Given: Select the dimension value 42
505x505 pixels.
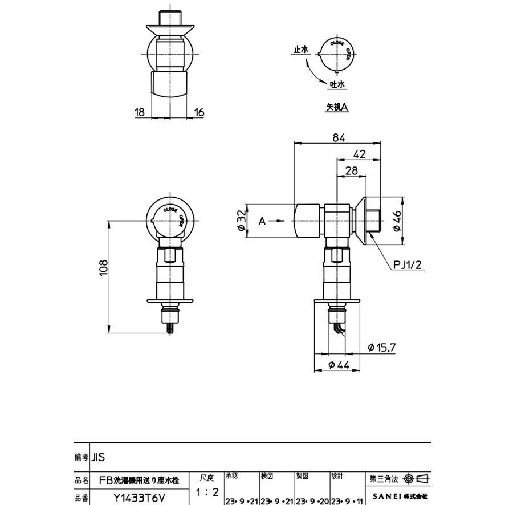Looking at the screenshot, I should point(359,153).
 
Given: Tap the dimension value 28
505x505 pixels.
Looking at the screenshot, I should point(351,170).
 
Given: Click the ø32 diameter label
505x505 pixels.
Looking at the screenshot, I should point(241,220).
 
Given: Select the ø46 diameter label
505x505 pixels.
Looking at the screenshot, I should point(397,220).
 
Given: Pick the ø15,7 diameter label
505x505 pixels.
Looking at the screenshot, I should point(382,347).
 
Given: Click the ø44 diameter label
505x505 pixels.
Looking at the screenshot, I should point(339,366).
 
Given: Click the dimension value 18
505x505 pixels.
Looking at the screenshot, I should point(140,112).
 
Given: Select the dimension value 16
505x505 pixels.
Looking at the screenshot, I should point(199,112).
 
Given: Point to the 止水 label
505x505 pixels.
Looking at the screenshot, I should point(300,50).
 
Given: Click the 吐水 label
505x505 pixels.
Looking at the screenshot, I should point(338,84).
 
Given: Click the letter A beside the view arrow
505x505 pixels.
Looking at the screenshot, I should point(262,221).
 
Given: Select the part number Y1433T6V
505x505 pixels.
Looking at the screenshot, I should point(139,498).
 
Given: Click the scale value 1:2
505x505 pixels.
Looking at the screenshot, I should point(207,491).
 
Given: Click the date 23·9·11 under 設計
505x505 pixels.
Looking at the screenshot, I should point(347,500).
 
